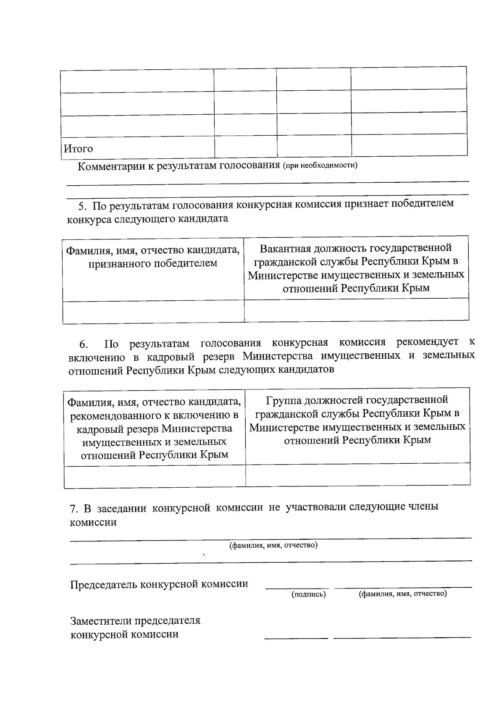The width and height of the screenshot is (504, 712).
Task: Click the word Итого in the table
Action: click(78, 149)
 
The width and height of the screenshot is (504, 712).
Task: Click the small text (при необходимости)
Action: click(320, 165)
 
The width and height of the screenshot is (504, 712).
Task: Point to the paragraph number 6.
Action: click(83, 345)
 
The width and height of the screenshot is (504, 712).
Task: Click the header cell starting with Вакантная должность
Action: click(356, 268)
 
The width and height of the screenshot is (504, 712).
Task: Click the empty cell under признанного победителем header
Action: click(153, 312)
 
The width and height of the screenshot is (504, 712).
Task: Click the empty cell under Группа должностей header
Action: click(357, 475)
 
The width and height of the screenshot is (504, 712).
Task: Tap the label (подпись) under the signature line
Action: click(309, 594)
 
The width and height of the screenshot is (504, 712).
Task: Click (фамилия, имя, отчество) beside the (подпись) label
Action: click(402, 594)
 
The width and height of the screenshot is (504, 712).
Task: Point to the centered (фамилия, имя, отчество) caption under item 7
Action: click(273, 545)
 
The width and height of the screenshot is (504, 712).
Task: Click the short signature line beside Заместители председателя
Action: click(296, 638)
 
